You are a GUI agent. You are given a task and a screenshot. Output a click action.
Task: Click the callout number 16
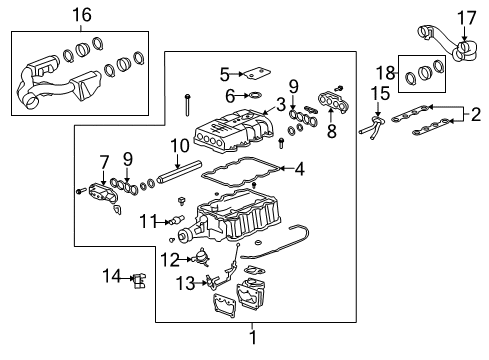click(83, 14)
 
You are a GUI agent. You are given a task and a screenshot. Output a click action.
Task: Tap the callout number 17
click(467, 18)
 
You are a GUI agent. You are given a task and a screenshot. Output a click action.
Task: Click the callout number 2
click(478, 117)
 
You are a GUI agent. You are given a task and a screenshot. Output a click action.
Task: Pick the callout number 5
click(226, 73)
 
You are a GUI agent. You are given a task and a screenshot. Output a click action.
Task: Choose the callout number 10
click(181, 146)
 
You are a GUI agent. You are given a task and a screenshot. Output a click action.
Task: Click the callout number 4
click(299, 169)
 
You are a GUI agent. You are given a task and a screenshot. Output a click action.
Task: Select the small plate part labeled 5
click(258, 74)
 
